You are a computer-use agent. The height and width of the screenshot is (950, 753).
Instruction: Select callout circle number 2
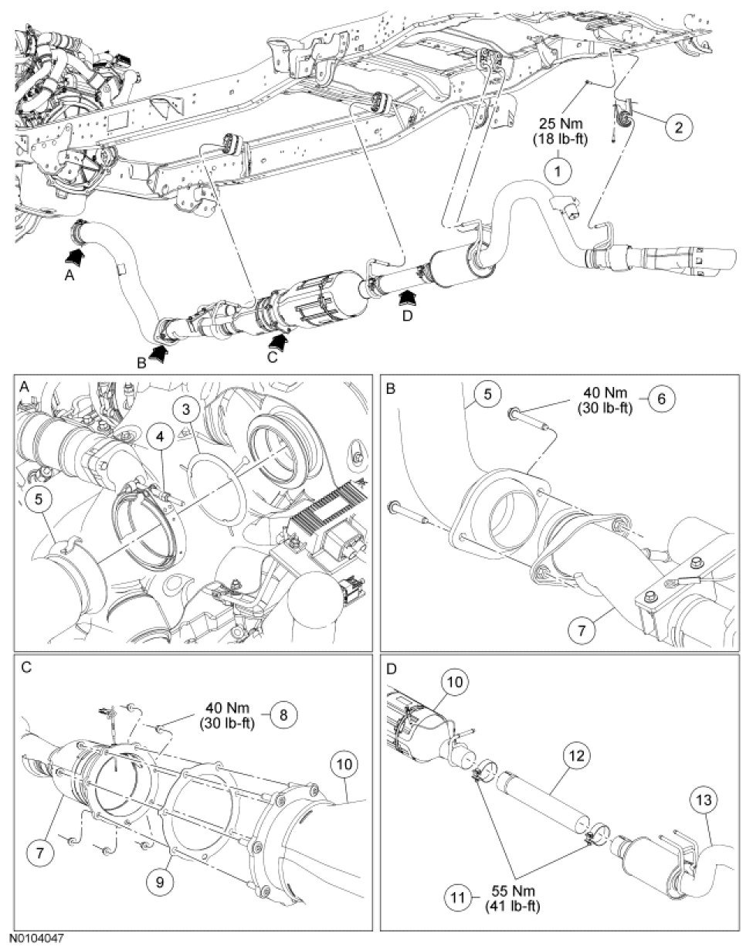[678, 128]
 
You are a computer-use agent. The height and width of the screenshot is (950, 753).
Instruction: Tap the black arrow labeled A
[76, 254]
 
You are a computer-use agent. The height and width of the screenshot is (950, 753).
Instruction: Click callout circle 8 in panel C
[283, 715]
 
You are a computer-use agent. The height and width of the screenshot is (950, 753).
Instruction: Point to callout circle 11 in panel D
[460, 899]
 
